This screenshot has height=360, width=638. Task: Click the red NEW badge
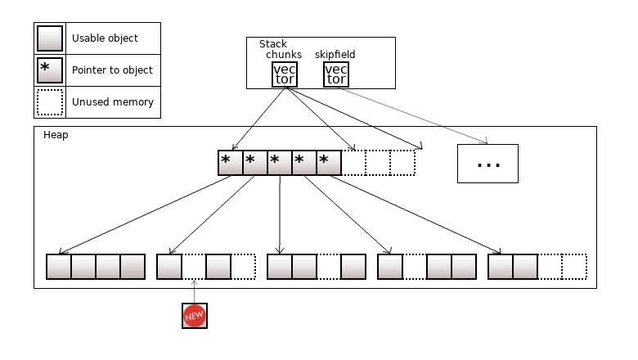[195, 316]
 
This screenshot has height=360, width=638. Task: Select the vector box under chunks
[285, 74]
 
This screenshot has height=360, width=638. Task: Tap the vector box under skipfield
[335, 74]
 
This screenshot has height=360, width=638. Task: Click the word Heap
[56, 135]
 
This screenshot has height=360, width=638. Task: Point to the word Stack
[273, 44]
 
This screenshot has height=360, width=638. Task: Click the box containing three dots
[487, 164]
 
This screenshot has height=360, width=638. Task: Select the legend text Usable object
[105, 38]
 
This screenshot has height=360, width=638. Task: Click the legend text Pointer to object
[112, 70]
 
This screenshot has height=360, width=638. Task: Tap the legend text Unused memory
[112, 102]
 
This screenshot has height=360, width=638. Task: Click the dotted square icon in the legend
[50, 102]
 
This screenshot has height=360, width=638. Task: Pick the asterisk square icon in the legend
[50, 70]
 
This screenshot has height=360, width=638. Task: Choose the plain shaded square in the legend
[50, 38]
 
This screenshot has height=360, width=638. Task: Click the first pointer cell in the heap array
[231, 163]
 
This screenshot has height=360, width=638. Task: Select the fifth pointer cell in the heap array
[329, 163]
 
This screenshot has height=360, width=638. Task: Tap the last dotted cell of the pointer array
[402, 163]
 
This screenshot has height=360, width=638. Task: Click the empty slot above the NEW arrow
[194, 268]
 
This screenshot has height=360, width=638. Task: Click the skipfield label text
[335, 55]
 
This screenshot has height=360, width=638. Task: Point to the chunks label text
[284, 55]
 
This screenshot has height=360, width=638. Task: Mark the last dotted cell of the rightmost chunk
[574, 268]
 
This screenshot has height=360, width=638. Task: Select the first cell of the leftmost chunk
[59, 268]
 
